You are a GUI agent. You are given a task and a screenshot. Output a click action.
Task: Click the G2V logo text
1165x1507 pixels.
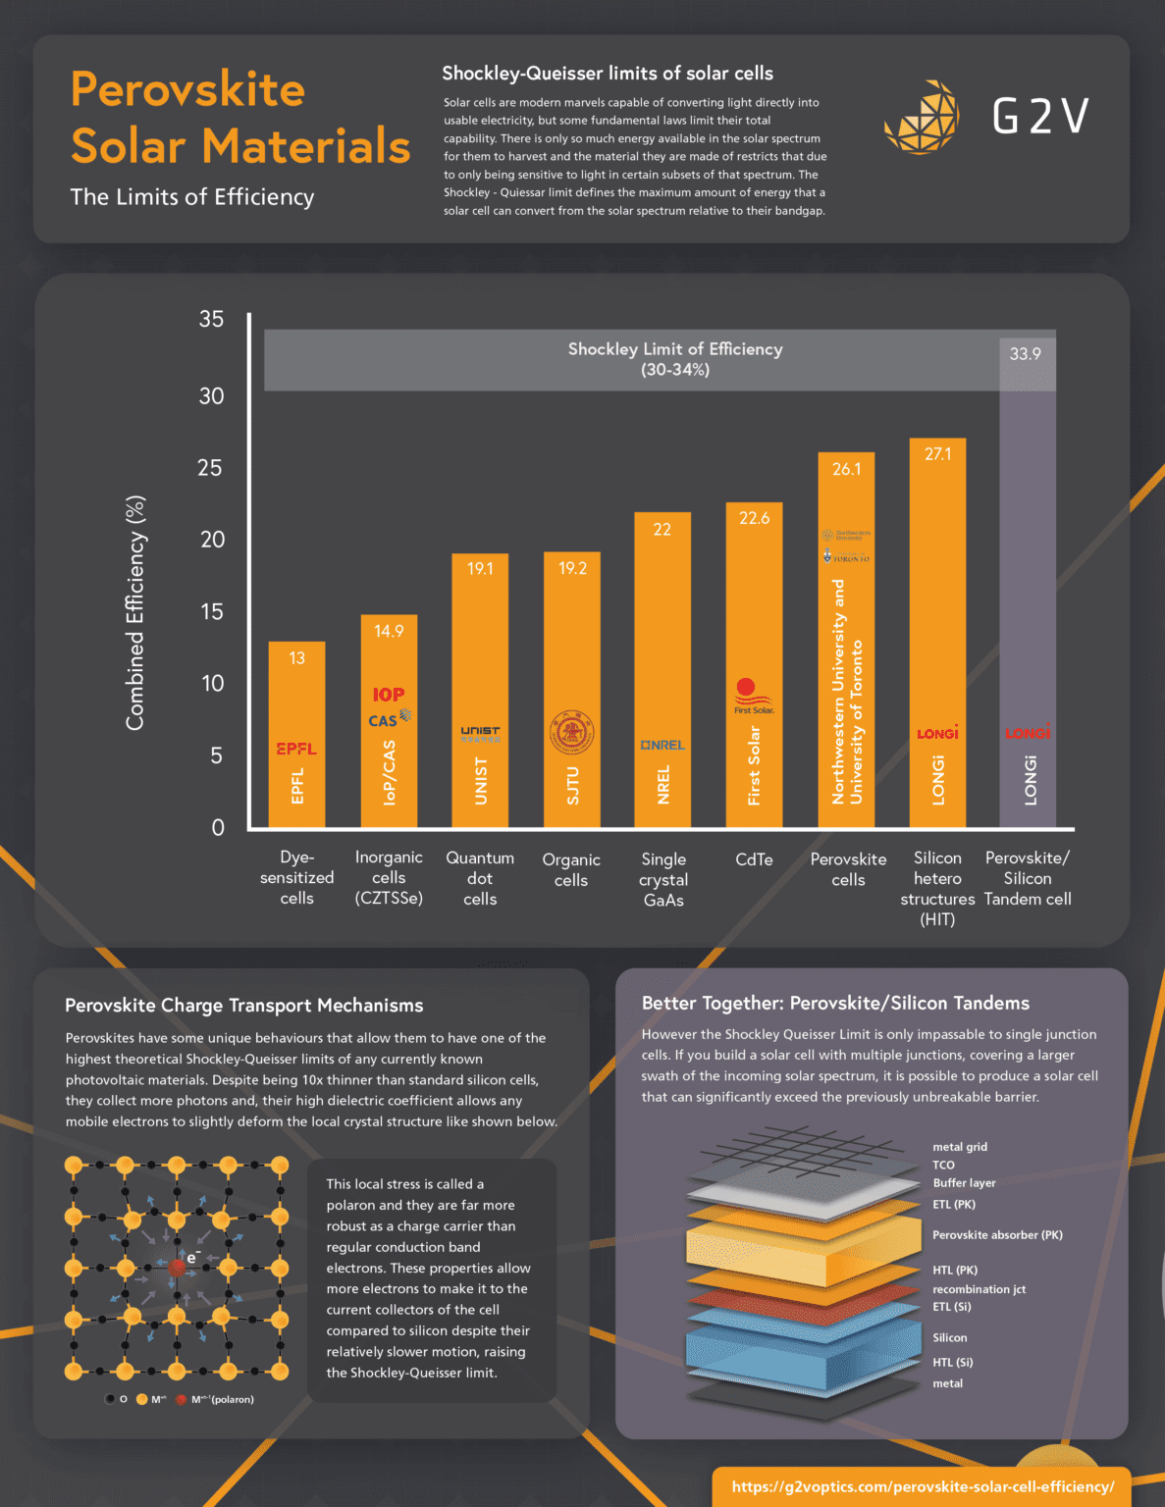click(x=1040, y=117)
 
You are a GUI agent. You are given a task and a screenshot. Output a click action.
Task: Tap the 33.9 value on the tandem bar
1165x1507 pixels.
click(x=1026, y=354)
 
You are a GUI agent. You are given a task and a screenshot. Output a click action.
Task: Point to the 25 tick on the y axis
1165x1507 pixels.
click(x=210, y=468)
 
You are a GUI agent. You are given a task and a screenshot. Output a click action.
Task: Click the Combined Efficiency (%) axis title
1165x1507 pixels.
click(x=135, y=613)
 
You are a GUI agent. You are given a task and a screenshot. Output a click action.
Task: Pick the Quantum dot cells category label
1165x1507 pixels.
click(x=480, y=878)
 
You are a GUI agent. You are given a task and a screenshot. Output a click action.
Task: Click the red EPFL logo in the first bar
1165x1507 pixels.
click(x=296, y=749)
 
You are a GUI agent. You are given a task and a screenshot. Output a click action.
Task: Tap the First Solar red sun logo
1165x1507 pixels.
click(x=747, y=689)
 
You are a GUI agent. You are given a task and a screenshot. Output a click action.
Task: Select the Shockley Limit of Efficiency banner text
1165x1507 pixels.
click(x=675, y=359)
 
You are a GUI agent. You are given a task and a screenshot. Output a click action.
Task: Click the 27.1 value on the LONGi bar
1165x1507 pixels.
click(x=937, y=454)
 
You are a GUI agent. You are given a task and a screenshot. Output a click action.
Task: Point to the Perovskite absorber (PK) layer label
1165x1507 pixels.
click(x=997, y=1235)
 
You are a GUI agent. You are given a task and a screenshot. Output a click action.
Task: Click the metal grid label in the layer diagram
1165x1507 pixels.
click(x=960, y=1147)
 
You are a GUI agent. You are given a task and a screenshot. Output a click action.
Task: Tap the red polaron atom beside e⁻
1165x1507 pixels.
click(x=177, y=1268)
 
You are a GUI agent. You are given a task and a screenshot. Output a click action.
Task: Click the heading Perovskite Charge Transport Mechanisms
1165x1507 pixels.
click(x=244, y=1006)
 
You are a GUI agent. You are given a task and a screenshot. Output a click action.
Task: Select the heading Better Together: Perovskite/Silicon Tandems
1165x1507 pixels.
click(x=835, y=1004)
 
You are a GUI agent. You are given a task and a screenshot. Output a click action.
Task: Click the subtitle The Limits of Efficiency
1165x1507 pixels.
click(x=192, y=197)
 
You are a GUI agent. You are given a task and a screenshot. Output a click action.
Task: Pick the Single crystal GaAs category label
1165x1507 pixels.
click(x=663, y=879)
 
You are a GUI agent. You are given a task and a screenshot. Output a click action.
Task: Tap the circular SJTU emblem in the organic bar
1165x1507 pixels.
click(x=572, y=732)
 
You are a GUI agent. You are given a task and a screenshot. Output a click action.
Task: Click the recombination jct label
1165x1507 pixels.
click(x=979, y=1289)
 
